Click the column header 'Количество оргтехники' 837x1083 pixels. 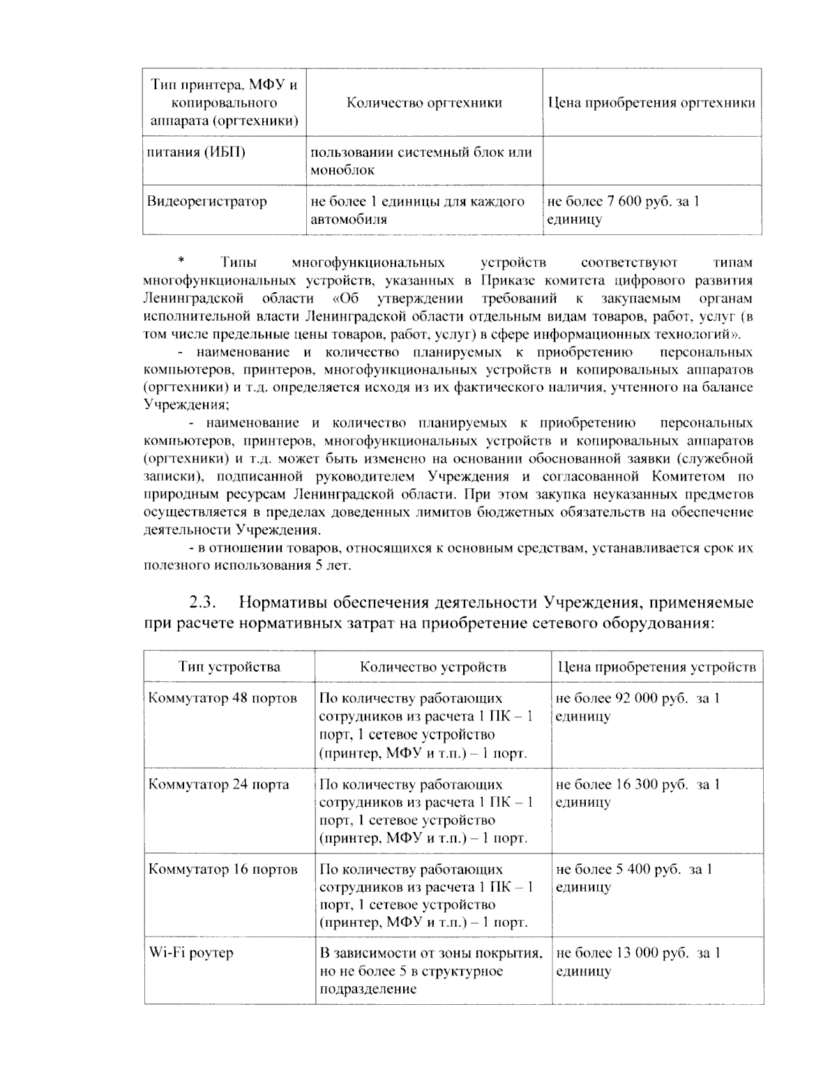424,103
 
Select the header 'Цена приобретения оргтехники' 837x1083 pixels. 651,103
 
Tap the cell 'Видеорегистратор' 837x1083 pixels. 206,202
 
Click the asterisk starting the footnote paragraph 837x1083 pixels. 181,262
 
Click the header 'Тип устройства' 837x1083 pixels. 229,667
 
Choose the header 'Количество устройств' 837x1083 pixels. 432,667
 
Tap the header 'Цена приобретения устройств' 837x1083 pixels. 656,667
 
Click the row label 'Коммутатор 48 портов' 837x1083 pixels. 223,699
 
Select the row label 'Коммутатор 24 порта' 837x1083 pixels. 218,785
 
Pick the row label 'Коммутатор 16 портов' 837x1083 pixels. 223,870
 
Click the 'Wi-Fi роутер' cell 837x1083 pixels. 190,953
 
